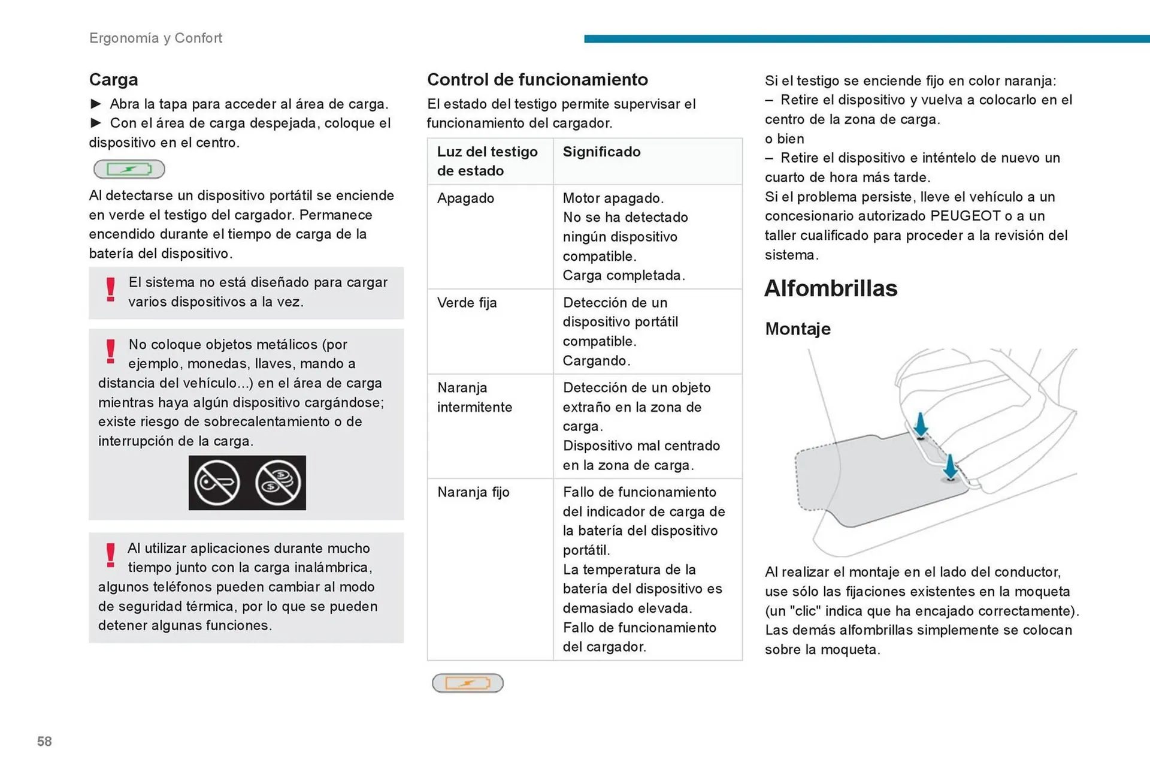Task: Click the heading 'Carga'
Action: point(113,80)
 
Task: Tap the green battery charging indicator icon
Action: point(129,169)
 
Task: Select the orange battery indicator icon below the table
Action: point(467,683)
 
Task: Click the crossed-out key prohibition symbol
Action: point(217,483)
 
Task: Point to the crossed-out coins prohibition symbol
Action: point(278,483)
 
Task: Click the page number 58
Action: point(44,741)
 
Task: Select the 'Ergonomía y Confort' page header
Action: point(156,38)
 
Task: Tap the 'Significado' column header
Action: point(601,152)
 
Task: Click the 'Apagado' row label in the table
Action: point(465,198)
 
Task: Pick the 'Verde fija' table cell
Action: point(467,302)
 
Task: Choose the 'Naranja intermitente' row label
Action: point(474,397)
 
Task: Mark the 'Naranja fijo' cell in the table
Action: point(473,492)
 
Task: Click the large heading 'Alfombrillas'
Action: point(830,288)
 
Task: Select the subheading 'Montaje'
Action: point(797,329)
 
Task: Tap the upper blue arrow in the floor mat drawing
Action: point(921,424)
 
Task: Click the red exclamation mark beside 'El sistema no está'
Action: point(111,290)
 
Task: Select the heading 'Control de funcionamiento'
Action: point(537,80)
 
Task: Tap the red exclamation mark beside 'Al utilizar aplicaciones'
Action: point(111,555)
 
